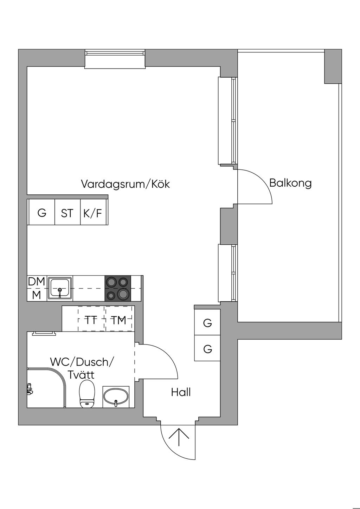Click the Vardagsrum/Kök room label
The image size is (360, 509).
(x=125, y=184)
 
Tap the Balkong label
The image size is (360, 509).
(x=290, y=183)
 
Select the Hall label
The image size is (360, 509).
(x=181, y=392)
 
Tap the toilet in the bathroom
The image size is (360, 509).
(x=87, y=393)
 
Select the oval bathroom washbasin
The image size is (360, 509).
(x=116, y=397)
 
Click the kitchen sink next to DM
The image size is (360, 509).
(x=60, y=288)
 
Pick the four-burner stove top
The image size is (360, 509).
(x=118, y=288)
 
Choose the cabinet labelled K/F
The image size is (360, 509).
(x=93, y=213)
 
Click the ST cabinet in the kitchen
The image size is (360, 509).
(x=67, y=213)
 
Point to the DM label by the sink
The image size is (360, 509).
(x=37, y=282)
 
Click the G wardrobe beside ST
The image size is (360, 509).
(x=41, y=213)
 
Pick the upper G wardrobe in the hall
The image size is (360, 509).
(x=207, y=323)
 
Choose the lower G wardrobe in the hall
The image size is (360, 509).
(x=207, y=349)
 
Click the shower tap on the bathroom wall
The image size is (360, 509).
(x=30, y=389)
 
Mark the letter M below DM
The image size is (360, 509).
(x=37, y=295)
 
